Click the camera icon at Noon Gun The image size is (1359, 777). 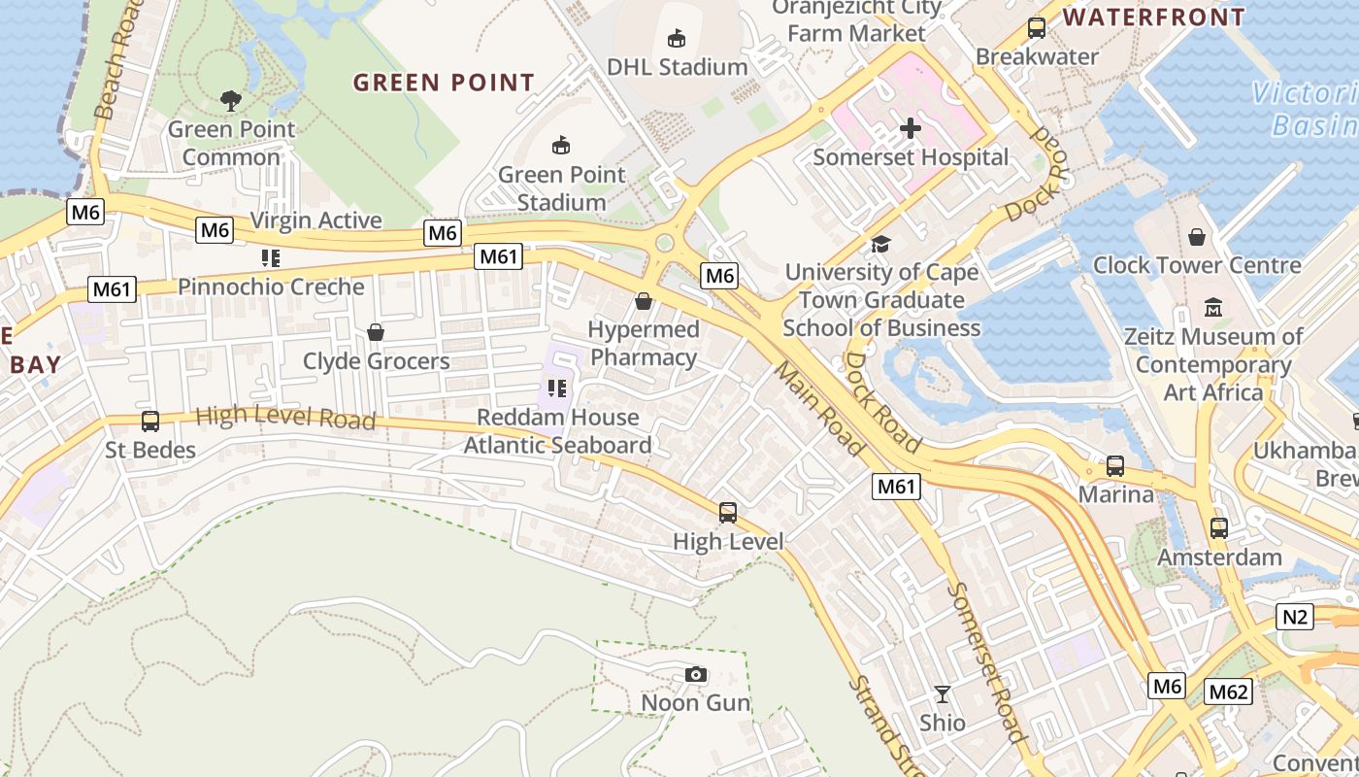(696, 674)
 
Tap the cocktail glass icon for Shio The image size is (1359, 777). (942, 694)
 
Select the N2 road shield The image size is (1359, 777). (1295, 616)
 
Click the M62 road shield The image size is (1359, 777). (1228, 692)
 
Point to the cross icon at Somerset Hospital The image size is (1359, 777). (911, 128)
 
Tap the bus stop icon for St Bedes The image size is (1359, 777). (150, 422)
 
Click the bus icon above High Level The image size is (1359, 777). (728, 513)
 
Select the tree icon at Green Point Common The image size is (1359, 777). (231, 100)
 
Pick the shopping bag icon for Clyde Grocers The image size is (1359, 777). (376, 333)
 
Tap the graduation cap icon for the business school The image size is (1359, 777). (880, 244)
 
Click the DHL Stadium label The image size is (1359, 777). (677, 67)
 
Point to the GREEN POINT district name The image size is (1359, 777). (444, 83)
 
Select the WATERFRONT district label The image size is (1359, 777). (1153, 17)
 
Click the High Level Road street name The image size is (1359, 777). (285, 418)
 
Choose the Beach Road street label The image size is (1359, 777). (114, 58)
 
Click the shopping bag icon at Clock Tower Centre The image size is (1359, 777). (1197, 237)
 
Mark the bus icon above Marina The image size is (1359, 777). (1115, 466)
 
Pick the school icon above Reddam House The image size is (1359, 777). (557, 389)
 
